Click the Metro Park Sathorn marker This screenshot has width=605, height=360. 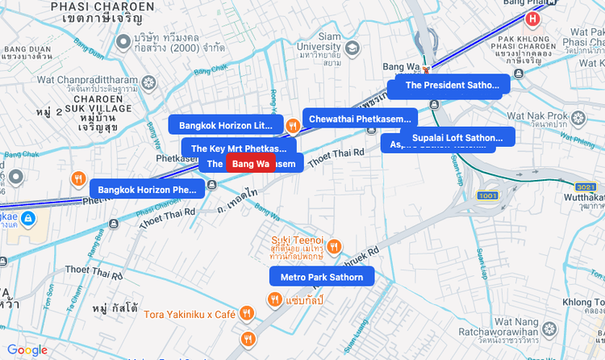coord(322,277)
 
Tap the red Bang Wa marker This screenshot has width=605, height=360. coord(250,164)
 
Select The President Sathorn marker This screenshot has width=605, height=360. coord(452,84)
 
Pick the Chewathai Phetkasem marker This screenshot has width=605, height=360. coord(360,119)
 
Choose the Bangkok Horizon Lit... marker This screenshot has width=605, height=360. coord(226,125)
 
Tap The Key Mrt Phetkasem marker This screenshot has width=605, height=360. coord(238,149)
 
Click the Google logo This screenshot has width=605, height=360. coord(27,350)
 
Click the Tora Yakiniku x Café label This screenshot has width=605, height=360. coord(189,313)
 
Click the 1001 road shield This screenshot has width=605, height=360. coord(488,196)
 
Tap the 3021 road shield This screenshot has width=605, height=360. coord(586,186)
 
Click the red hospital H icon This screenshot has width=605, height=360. coord(532,19)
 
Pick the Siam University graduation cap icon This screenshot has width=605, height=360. coord(353,48)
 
